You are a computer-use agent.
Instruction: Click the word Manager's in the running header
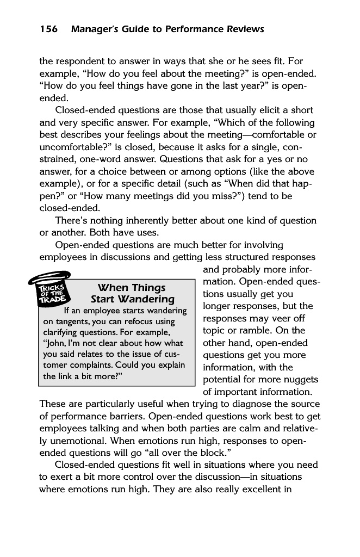coord(93,29)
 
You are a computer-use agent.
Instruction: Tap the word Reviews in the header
coord(241,29)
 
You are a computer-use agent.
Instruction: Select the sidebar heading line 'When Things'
coord(131,288)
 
